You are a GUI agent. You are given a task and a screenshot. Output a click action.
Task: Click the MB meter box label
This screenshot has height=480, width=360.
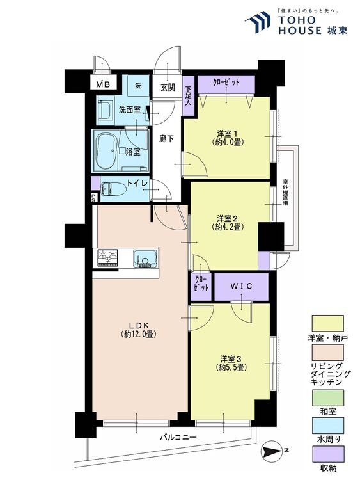pyautogui.click(x=103, y=84)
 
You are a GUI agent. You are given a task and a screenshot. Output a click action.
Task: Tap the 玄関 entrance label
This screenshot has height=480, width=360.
pyautogui.click(x=168, y=88)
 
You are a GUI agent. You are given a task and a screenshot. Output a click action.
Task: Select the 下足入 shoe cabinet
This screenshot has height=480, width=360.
pyautogui.click(x=188, y=95)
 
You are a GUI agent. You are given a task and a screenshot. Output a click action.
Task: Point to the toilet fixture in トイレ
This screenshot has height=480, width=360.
pyautogui.click(x=114, y=189)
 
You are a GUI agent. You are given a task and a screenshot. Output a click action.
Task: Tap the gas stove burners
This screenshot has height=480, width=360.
pyautogui.click(x=107, y=257)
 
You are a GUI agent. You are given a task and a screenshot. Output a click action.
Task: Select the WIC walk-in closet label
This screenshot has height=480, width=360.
pyautogui.click(x=241, y=286)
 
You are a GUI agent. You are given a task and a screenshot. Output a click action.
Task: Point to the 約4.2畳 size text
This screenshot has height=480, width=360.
pyautogui.click(x=227, y=227)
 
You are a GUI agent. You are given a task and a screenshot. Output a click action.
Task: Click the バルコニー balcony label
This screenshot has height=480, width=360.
pyautogui.click(x=178, y=437)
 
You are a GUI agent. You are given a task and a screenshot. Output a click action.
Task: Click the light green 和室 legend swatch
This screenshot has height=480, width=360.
pyautogui.click(x=327, y=397)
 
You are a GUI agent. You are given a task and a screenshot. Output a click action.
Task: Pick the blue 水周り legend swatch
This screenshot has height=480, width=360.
pyautogui.click(x=327, y=426)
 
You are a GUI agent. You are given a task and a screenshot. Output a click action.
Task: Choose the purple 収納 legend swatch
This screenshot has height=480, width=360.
pyautogui.click(x=327, y=454)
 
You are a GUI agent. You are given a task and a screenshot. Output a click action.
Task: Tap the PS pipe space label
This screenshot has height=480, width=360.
pyautogui.click(x=93, y=198)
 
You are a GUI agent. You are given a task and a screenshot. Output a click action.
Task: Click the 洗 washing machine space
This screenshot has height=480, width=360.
pyautogui.click(x=138, y=86)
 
